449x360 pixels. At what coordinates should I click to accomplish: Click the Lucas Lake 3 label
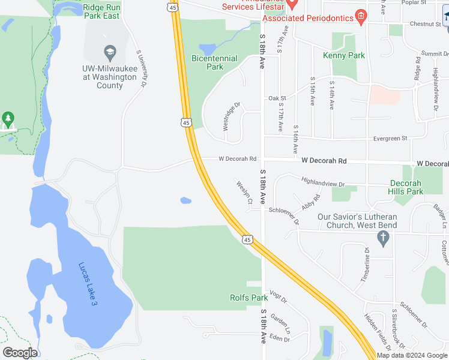88,284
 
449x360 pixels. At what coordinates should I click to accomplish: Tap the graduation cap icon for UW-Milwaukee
109,53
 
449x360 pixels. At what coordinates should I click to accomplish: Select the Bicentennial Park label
214,62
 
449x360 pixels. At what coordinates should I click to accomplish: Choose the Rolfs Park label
249,298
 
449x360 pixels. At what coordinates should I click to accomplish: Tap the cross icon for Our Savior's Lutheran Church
383,238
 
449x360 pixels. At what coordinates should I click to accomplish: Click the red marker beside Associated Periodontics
361,16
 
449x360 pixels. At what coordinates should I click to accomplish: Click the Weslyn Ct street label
244,193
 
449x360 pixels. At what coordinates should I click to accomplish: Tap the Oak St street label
277,98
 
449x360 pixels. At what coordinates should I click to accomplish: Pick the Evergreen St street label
390,138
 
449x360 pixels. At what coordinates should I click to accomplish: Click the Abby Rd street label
312,202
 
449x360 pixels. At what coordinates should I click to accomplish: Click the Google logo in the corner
20,353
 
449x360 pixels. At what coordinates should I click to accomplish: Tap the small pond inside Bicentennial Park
207,49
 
